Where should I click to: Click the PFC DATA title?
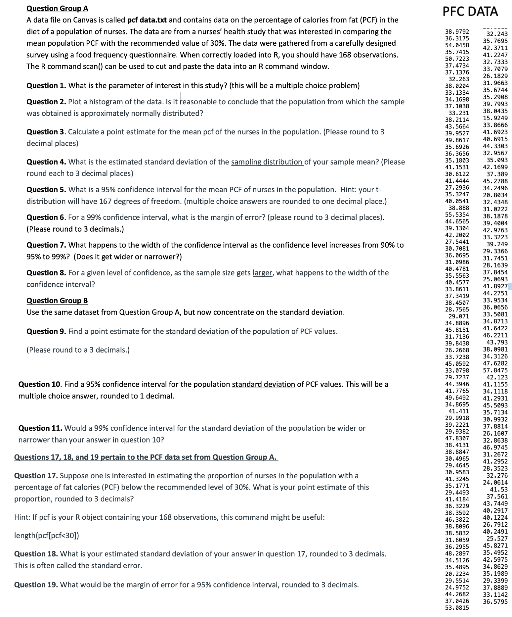pyautogui.click(x=470, y=12)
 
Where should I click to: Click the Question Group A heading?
pyautogui.click(x=57, y=8)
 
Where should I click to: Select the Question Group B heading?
pyautogui.click(x=57, y=301)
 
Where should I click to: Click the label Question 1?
pyautogui.click(x=47, y=86)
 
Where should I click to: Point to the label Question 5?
pyautogui.click(x=47, y=190)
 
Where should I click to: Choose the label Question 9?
pyautogui.click(x=47, y=331)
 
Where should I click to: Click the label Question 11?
pyautogui.click(x=40, y=428)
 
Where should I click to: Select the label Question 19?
pyautogui.click(x=36, y=585)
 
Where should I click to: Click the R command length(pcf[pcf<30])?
pyautogui.click(x=47, y=536)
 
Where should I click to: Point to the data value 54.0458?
pyautogui.click(x=457, y=45)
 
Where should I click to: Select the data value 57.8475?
pyautogui.click(x=495, y=370)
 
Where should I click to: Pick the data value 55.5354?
pyautogui.click(x=457, y=214)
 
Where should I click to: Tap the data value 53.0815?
pyautogui.click(x=457, y=608)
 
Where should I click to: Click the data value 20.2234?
pyautogui.click(x=457, y=574)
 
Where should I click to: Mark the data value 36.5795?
pyautogui.click(x=495, y=601)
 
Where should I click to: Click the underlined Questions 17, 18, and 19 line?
pyautogui.click(x=146, y=457)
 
